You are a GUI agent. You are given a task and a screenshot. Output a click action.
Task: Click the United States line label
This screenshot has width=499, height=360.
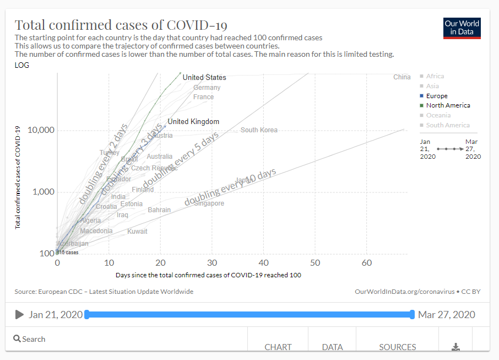pyautogui.click(x=204, y=78)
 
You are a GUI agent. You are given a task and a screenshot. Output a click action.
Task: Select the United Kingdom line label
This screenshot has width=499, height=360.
pyautogui.click(x=193, y=122)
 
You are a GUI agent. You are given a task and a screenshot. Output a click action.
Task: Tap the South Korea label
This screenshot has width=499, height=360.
pyautogui.click(x=259, y=130)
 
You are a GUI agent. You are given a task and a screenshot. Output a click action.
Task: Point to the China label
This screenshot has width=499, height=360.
pyautogui.click(x=402, y=77)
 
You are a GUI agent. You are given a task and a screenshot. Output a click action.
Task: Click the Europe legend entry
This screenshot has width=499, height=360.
pyautogui.click(x=437, y=96)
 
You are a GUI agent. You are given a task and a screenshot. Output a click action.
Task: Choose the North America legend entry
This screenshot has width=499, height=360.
pyautogui.click(x=448, y=105)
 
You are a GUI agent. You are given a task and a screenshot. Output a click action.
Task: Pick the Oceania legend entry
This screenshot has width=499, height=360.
pyautogui.click(x=438, y=115)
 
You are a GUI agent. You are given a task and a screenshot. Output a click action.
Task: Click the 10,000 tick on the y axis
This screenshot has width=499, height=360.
pyautogui.click(x=40, y=130)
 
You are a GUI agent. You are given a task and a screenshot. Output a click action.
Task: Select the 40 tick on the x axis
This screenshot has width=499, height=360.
pyautogui.click(x=264, y=263)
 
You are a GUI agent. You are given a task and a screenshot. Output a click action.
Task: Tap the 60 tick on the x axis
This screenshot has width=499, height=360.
pyautogui.click(x=367, y=263)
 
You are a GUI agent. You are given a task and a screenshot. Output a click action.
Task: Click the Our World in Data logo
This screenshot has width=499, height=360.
pyautogui.click(x=462, y=28)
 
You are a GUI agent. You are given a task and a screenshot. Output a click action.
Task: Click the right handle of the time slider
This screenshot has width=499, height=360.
pyautogui.click(x=412, y=314)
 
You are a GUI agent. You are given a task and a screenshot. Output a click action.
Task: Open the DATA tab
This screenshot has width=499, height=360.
pyautogui.click(x=332, y=347)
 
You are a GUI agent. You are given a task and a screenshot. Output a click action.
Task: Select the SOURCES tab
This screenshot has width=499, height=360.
pyautogui.click(x=397, y=347)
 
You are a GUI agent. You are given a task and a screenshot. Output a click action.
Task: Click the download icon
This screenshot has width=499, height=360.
pyautogui.click(x=455, y=347)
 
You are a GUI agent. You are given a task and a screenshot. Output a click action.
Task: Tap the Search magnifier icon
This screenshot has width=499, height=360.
pyautogui.click(x=17, y=339)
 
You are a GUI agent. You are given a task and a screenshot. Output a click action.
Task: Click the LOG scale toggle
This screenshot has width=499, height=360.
pyautogui.click(x=22, y=65)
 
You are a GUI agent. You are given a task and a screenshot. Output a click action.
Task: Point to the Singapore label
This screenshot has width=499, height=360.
pyautogui.click(x=209, y=203)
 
